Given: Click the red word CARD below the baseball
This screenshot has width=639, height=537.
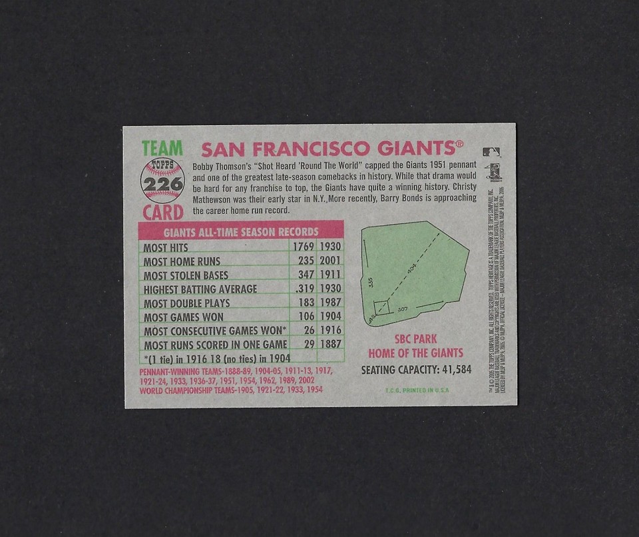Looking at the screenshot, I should click(162, 213).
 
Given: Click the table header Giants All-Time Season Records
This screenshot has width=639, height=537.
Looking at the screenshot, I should click(241, 233).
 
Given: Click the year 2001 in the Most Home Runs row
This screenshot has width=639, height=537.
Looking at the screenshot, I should click(330, 261).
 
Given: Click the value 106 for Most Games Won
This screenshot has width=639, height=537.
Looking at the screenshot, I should click(306, 317).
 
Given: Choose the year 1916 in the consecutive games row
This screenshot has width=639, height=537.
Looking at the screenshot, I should click(330, 330).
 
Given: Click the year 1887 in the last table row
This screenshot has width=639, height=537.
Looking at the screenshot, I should click(330, 344).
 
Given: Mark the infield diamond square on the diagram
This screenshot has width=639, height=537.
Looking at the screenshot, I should click(382, 308).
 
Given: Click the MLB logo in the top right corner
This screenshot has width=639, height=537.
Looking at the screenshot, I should click(491, 153).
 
